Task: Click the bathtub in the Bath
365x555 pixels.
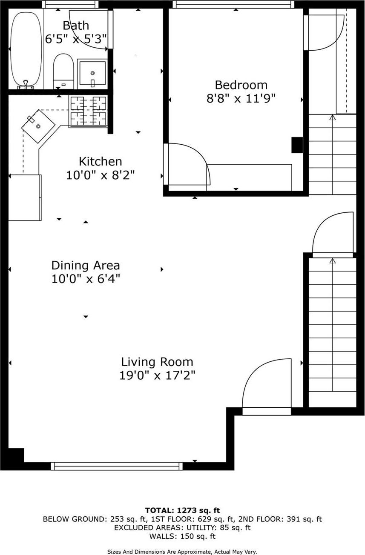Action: [x=26, y=49]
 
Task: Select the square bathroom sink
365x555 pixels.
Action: [x=92, y=73]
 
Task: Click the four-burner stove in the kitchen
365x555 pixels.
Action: [x=88, y=112]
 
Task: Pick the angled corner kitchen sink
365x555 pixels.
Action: [x=38, y=126]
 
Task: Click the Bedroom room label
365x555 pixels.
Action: [x=241, y=85]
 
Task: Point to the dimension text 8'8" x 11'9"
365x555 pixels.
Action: [x=241, y=98]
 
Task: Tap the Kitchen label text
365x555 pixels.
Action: [x=100, y=162]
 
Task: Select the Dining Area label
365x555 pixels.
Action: [x=86, y=266]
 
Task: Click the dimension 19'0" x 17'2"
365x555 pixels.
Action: [x=157, y=375]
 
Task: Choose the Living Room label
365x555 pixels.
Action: [x=157, y=362]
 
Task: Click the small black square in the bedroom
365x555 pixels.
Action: [x=297, y=145]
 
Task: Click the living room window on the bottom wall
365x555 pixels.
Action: [x=117, y=466]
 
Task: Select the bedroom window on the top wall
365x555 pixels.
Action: [x=233, y=4]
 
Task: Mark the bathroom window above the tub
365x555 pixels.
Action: [x=70, y=4]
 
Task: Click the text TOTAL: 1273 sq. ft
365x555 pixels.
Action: [x=182, y=510]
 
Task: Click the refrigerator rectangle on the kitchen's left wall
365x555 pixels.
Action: [x=25, y=197]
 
